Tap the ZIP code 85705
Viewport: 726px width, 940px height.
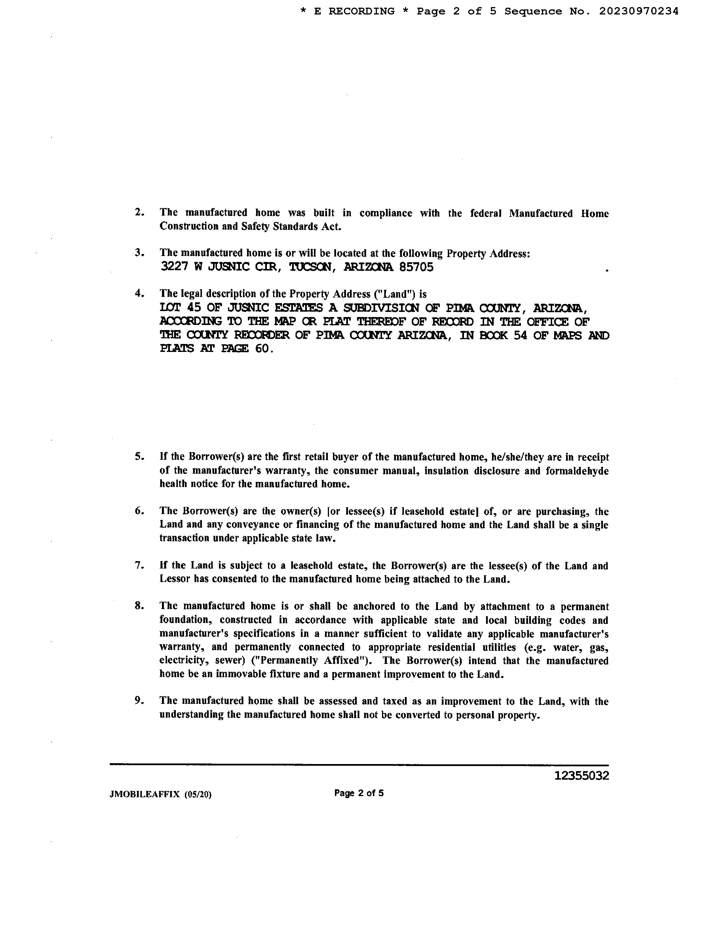416,267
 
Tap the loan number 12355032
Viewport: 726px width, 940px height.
581,776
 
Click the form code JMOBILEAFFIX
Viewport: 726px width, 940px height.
145,794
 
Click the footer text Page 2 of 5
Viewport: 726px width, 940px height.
359,793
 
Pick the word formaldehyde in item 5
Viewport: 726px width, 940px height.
577,471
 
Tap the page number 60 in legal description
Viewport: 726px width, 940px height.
262,348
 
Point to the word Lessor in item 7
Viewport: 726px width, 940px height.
175,579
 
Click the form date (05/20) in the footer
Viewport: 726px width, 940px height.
198,794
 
